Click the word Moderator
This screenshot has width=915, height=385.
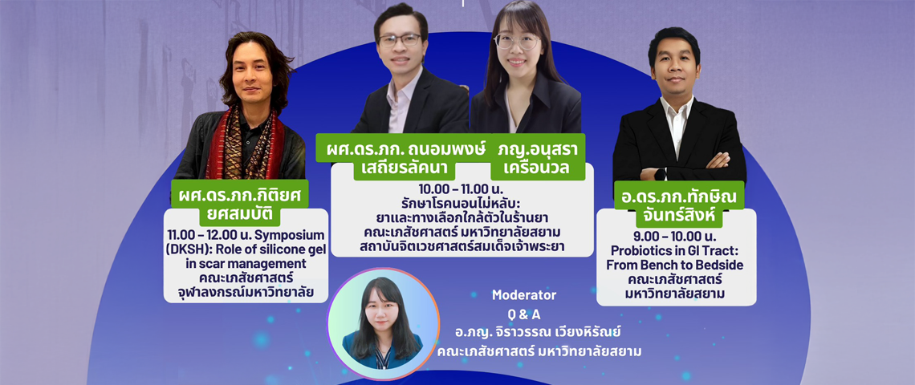pos(524,295)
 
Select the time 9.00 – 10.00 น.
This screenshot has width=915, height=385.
pos(677,237)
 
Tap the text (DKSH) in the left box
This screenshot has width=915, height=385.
pos(185,249)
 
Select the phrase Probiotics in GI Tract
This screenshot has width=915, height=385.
pos(677,251)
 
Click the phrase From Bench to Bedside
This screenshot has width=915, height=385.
pos(677,265)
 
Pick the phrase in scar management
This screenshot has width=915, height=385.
pos(245,264)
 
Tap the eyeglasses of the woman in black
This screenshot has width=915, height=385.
pos(517,42)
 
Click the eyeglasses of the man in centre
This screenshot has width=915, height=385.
pos(400,40)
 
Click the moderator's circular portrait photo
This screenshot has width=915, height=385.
pos(383,323)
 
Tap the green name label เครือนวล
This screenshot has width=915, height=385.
pos(530,170)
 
